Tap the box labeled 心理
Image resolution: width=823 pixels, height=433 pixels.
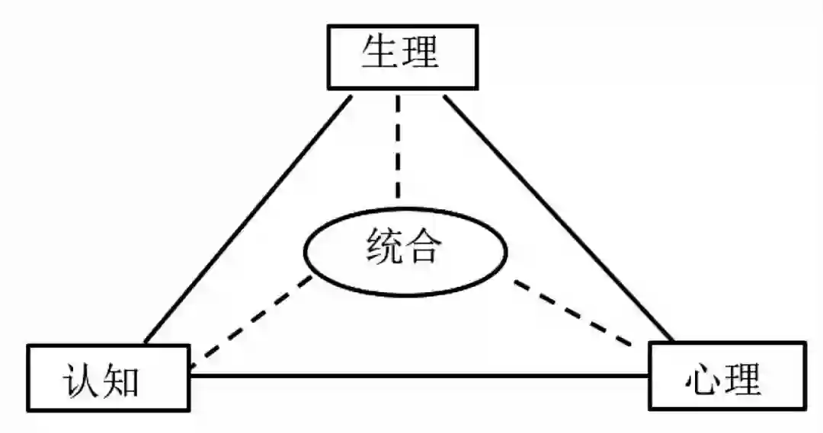[x=726, y=376]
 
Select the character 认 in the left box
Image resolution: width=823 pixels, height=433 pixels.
[x=80, y=378]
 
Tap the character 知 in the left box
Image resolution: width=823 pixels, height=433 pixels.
[x=122, y=378]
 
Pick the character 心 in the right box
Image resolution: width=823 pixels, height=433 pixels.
[x=703, y=377]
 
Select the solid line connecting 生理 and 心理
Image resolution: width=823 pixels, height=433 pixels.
[x=559, y=217]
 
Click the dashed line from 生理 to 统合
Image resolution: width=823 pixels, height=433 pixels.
[x=396, y=148]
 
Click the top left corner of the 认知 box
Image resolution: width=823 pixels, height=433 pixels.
[x=29, y=345]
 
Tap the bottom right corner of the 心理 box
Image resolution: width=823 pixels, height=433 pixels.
[x=805, y=409]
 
